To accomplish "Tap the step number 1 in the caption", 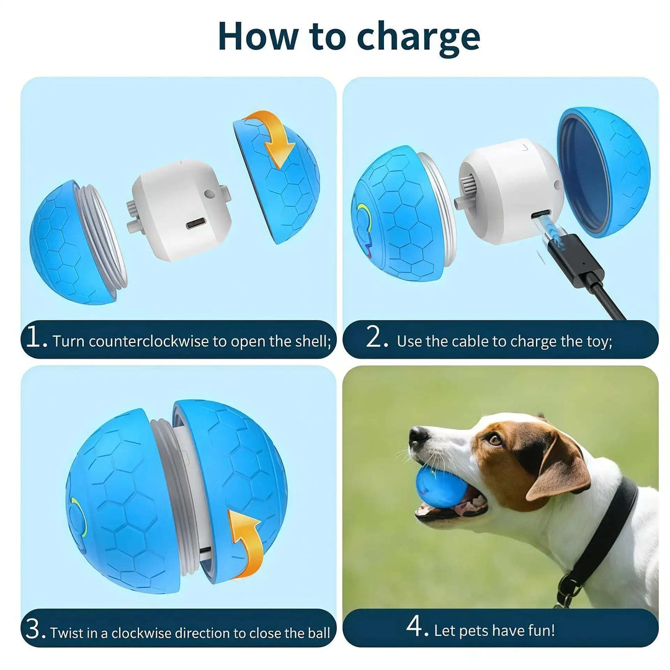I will tap(36, 337).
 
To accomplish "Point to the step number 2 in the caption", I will tap(376, 337).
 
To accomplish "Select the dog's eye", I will tap(494, 439).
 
